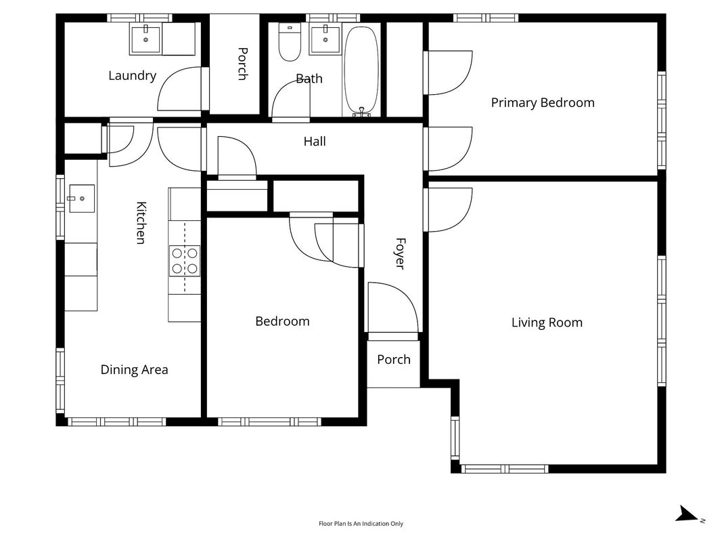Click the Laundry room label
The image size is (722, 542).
[x=132, y=76]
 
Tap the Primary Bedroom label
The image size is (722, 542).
[x=543, y=103]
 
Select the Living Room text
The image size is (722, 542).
[x=547, y=322]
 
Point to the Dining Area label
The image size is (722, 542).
[x=134, y=370]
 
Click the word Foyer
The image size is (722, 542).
[x=401, y=253]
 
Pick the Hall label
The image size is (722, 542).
[x=315, y=141]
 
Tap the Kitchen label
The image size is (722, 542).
[x=141, y=223]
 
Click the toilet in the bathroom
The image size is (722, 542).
[x=290, y=42]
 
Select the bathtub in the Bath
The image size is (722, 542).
[x=361, y=69]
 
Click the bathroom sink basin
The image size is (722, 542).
[x=325, y=40]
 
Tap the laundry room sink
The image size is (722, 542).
[x=146, y=40]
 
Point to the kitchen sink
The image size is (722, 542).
[x=82, y=199]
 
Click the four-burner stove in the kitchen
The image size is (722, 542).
[x=185, y=261]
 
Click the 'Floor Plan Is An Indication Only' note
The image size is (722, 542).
[x=361, y=524]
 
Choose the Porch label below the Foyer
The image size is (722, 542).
[x=394, y=360]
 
